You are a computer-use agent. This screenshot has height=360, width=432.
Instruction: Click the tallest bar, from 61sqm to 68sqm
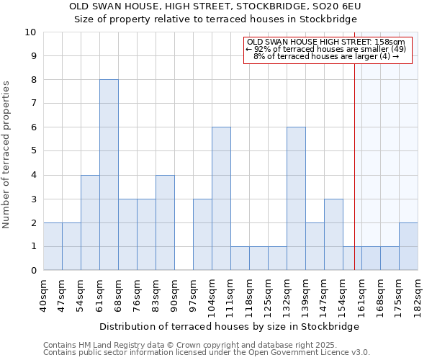(x=109, y=175)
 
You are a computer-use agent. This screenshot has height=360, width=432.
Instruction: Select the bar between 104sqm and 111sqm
(x=221, y=199)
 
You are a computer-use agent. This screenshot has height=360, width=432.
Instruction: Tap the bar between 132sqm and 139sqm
(x=296, y=199)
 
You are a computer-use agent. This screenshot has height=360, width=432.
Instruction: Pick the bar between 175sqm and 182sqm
(x=408, y=246)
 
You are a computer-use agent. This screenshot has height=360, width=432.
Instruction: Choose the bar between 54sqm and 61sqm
(x=90, y=222)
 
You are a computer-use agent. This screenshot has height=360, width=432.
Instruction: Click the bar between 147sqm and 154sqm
(x=333, y=235)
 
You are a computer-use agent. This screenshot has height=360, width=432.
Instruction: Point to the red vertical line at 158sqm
(x=355, y=166)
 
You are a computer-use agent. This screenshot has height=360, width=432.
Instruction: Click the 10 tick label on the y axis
(x=30, y=32)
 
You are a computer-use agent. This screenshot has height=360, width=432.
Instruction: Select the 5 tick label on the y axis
(x=33, y=151)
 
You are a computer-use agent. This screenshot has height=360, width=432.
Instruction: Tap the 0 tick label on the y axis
(x=33, y=271)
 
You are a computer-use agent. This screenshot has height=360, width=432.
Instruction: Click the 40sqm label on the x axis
(x=43, y=294)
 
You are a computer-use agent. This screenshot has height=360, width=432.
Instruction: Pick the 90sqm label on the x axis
(x=174, y=294)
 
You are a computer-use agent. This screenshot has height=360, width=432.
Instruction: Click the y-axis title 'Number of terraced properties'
(x=6, y=155)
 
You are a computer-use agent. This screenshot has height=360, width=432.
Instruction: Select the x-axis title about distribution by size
(x=228, y=326)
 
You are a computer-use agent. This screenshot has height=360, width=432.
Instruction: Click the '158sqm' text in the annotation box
(x=389, y=42)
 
